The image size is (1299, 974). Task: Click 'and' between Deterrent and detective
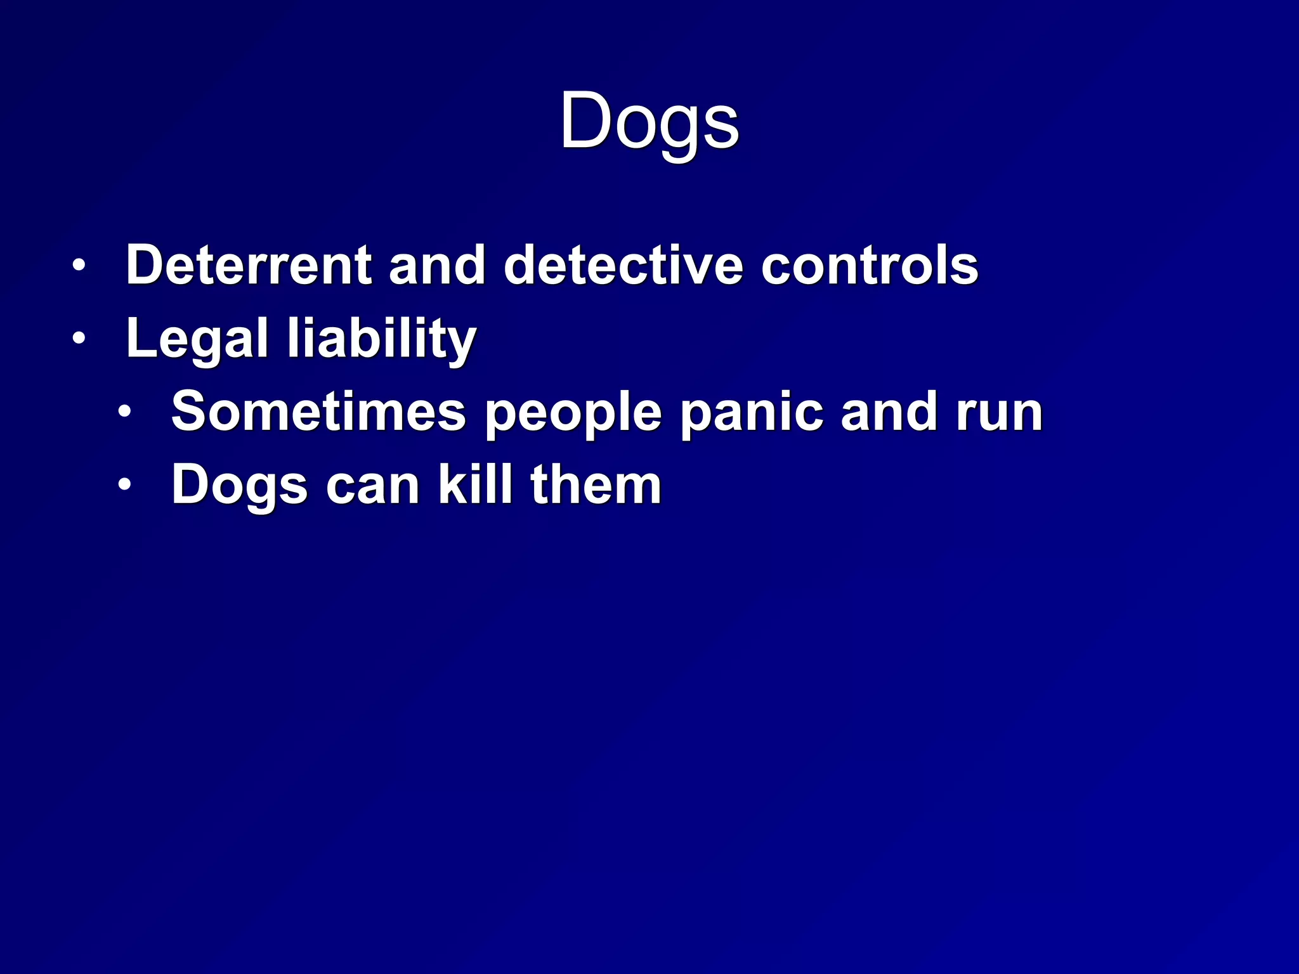point(437,265)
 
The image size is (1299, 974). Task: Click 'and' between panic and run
point(889,412)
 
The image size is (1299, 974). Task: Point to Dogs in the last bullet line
point(239,486)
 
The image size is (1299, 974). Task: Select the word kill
point(475,484)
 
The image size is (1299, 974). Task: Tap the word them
point(596,486)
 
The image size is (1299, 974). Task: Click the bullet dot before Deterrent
point(79,266)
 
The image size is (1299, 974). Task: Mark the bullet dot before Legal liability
point(79,339)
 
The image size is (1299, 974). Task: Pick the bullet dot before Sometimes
point(125,413)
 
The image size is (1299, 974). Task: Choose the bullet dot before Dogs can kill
point(125,486)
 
